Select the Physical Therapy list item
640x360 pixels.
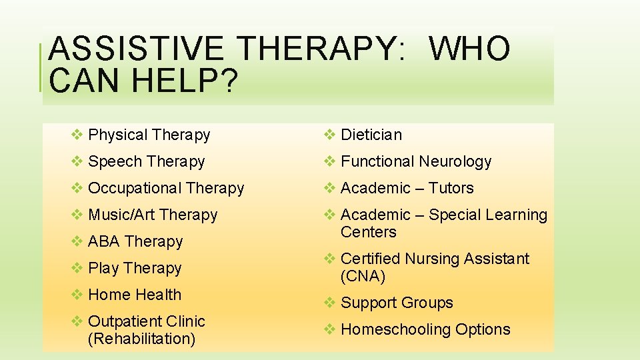149,135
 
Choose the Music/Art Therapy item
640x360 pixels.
153,215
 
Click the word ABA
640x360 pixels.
104,241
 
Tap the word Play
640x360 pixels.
103,268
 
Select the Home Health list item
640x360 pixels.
135,295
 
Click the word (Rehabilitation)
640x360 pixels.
141,339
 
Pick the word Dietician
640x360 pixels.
371,135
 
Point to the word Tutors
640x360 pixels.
451,189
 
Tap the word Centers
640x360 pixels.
368,233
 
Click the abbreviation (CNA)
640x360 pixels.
363,276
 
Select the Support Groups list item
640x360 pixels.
397,303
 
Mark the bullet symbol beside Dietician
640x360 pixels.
330,135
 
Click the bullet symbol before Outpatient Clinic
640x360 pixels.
77,321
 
